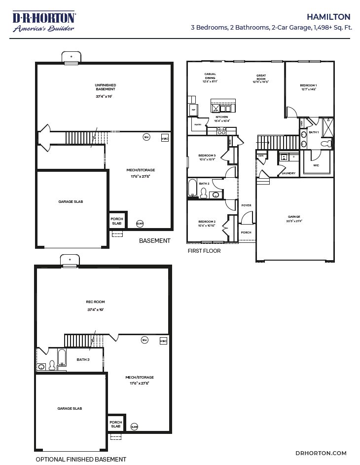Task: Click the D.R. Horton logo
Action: (43, 22)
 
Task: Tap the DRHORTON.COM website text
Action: (321, 453)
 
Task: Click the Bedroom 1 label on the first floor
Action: (308, 86)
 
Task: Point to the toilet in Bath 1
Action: (325, 144)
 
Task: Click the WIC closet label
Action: (316, 165)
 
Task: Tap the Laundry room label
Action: (288, 173)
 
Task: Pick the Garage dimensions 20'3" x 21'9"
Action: (294, 221)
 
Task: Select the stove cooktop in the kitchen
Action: (221, 131)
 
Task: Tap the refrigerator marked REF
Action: (193, 110)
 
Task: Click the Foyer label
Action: (246, 205)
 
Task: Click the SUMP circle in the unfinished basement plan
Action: (140, 224)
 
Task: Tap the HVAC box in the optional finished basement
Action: (163, 341)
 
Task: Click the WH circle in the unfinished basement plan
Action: (146, 137)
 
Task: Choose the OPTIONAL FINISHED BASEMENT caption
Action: (81, 459)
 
